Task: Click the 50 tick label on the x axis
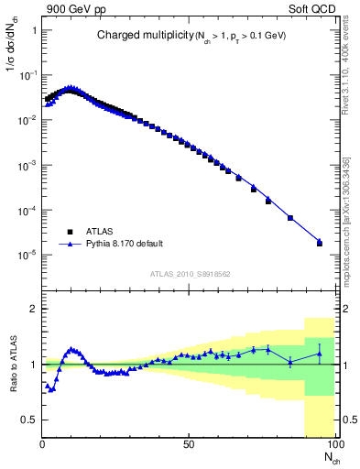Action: (188, 442)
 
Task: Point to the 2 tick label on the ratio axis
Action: (33, 310)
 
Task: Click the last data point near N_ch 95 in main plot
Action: (320, 243)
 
